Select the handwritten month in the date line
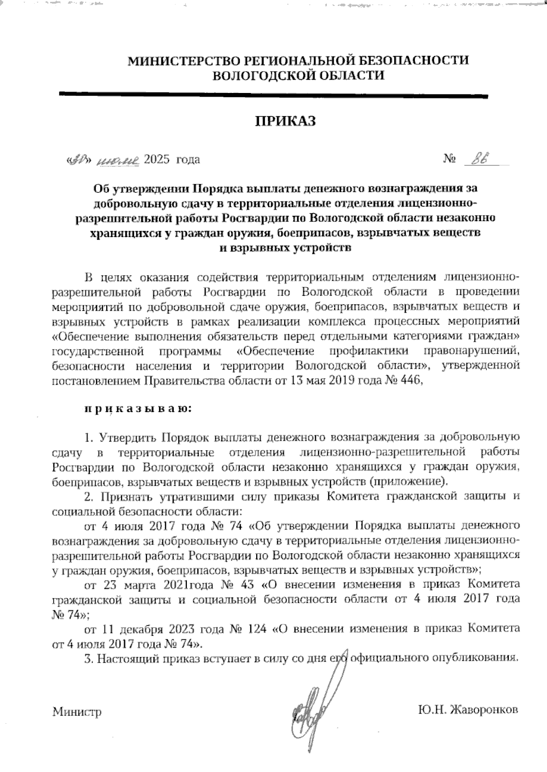point(118,160)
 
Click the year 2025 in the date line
point(156,160)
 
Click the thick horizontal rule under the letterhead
point(273,95)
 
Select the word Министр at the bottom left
point(77,711)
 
